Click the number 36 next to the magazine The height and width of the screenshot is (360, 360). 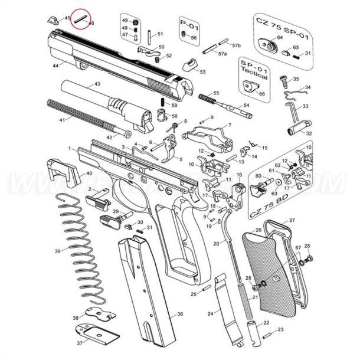(x=179, y=315)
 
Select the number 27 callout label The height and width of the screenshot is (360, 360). (x=291, y=221)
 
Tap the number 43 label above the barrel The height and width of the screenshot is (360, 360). (x=97, y=85)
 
